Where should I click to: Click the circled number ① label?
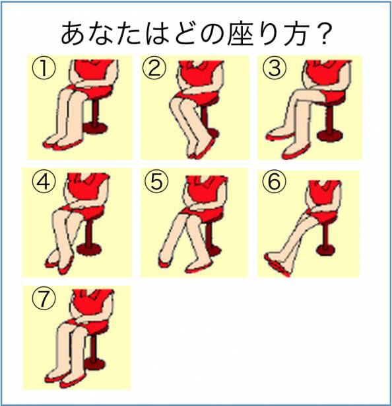pyautogui.click(x=44, y=68)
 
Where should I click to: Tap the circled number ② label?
pyautogui.click(x=154, y=68)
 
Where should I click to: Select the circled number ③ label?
pyautogui.click(x=274, y=68)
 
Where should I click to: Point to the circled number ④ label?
pyautogui.click(x=44, y=182)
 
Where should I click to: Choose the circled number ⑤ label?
pyautogui.click(x=156, y=182)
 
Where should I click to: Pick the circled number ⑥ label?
pyautogui.click(x=274, y=182)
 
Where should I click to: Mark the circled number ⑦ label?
pyautogui.click(x=44, y=298)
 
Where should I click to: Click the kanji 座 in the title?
pyautogui.click(x=241, y=34)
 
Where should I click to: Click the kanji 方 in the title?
pyautogui.click(x=296, y=34)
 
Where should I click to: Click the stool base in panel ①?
pyautogui.click(x=96, y=128)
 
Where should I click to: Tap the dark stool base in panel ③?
pyautogui.click(x=331, y=135)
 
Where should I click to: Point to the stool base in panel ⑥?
pyautogui.click(x=325, y=250)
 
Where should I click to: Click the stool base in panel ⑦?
pyautogui.click(x=96, y=363)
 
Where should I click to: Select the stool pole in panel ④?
pyautogui.click(x=89, y=233)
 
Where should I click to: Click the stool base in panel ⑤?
pyautogui.click(x=214, y=251)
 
